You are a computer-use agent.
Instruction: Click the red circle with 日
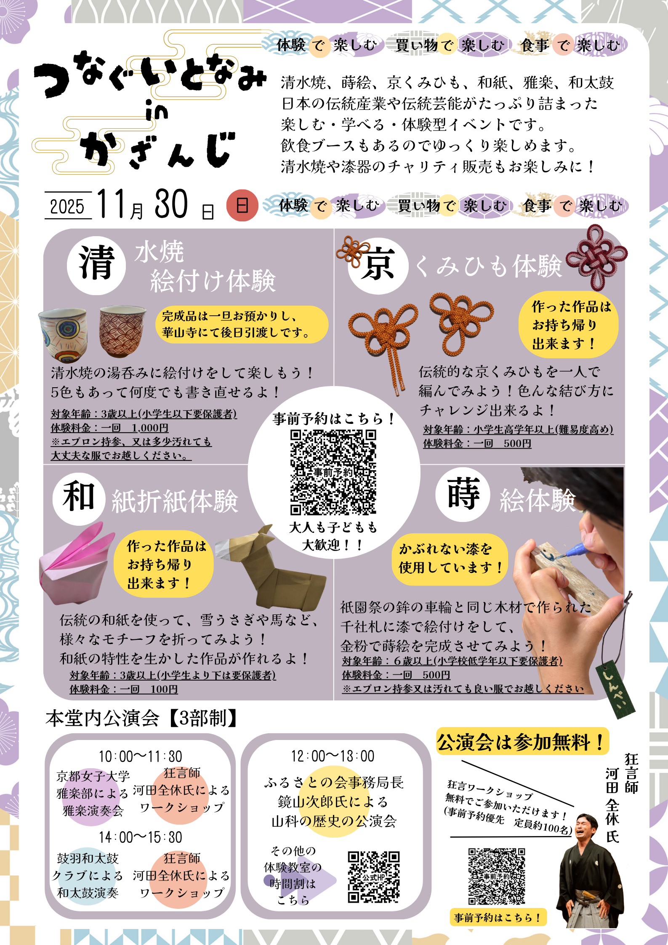click(x=242, y=205)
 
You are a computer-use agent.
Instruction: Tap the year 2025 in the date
click(x=67, y=206)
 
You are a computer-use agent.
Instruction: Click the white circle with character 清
click(x=96, y=265)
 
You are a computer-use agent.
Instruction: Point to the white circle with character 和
click(x=79, y=499)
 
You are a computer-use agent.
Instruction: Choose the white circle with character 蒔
click(x=463, y=495)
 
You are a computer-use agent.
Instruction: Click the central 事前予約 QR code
click(x=333, y=472)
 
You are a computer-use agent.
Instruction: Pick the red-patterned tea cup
click(x=122, y=331)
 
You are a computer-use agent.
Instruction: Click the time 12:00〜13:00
click(x=333, y=756)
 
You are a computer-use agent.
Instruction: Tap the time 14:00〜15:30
click(x=141, y=837)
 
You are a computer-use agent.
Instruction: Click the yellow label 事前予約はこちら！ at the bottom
click(x=498, y=918)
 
